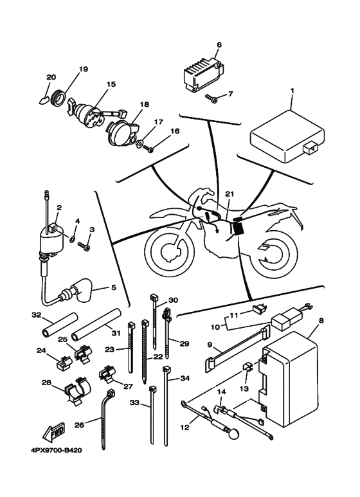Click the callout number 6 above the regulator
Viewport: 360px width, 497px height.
tap(219, 45)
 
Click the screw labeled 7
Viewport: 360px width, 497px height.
tap(213, 98)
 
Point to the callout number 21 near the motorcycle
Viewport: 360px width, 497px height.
tap(230, 193)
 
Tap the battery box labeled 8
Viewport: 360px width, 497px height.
tap(293, 380)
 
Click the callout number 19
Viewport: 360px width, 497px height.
tap(83, 69)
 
